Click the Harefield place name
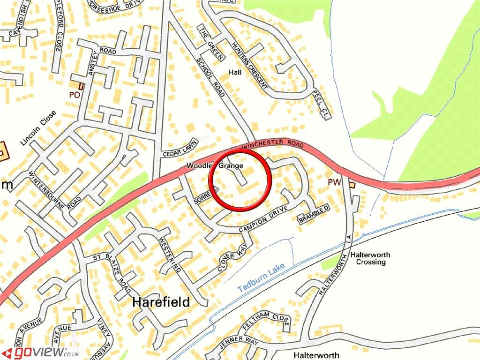(x=161, y=302)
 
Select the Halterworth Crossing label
(x=370, y=258)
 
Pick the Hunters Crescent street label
(x=249, y=66)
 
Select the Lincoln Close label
(x=38, y=128)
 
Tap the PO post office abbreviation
(x=74, y=94)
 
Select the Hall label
(x=235, y=72)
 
